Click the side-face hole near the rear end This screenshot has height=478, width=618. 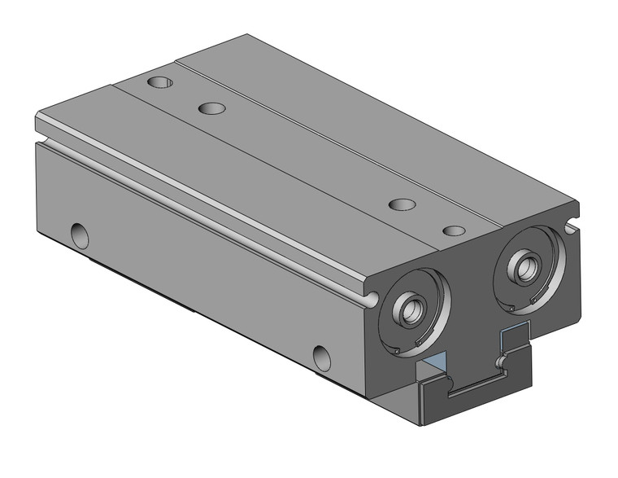[x=80, y=235]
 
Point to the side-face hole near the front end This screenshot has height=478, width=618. [x=322, y=355]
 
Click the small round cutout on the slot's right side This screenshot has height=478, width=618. [x=503, y=359]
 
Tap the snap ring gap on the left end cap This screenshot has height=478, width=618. [x=394, y=351]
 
